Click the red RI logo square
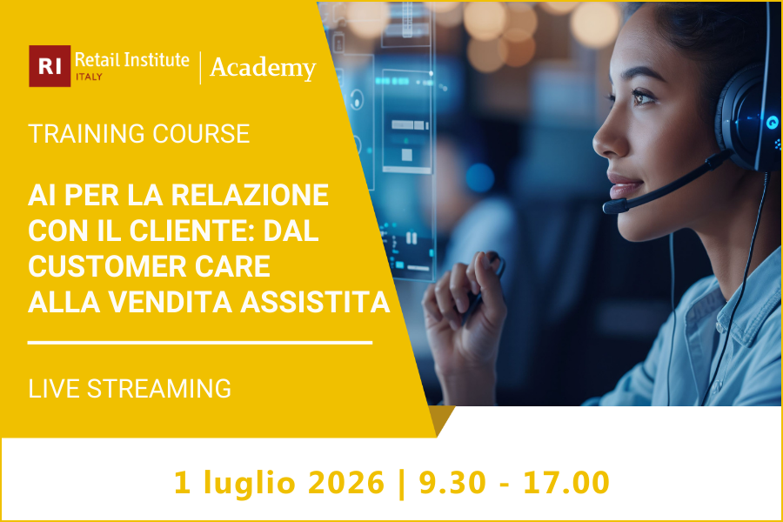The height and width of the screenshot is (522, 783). (x=50, y=66)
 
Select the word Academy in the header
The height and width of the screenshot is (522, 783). (x=263, y=67)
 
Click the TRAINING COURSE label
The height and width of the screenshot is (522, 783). (x=139, y=134)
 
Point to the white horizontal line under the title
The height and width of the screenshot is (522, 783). (x=200, y=342)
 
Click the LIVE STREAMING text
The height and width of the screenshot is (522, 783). (x=130, y=388)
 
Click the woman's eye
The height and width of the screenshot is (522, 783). (x=644, y=97)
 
